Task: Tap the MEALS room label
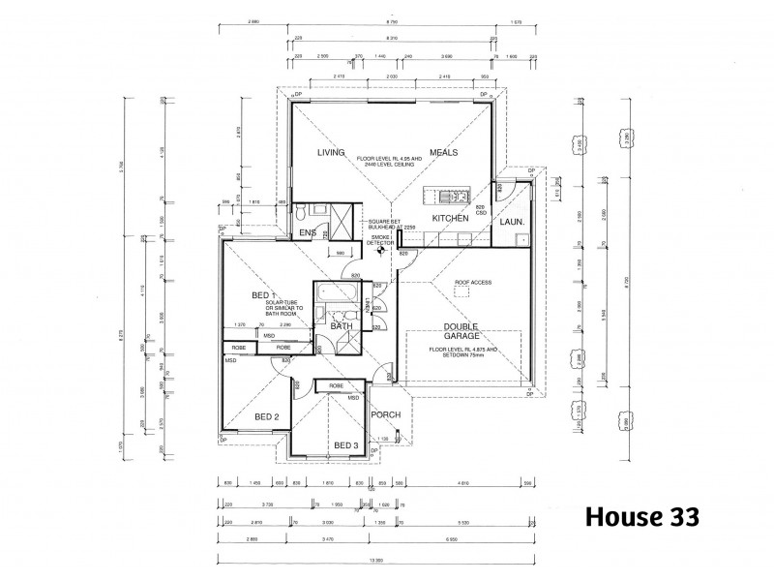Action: [444, 153]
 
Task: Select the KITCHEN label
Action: [450, 219]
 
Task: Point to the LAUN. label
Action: [512, 222]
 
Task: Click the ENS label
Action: [307, 233]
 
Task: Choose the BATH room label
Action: [342, 326]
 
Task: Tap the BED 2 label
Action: [266, 416]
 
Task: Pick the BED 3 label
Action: [346, 444]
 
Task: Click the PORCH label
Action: [386, 415]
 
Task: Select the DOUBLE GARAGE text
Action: [462, 333]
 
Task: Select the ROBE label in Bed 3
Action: [335, 385]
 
